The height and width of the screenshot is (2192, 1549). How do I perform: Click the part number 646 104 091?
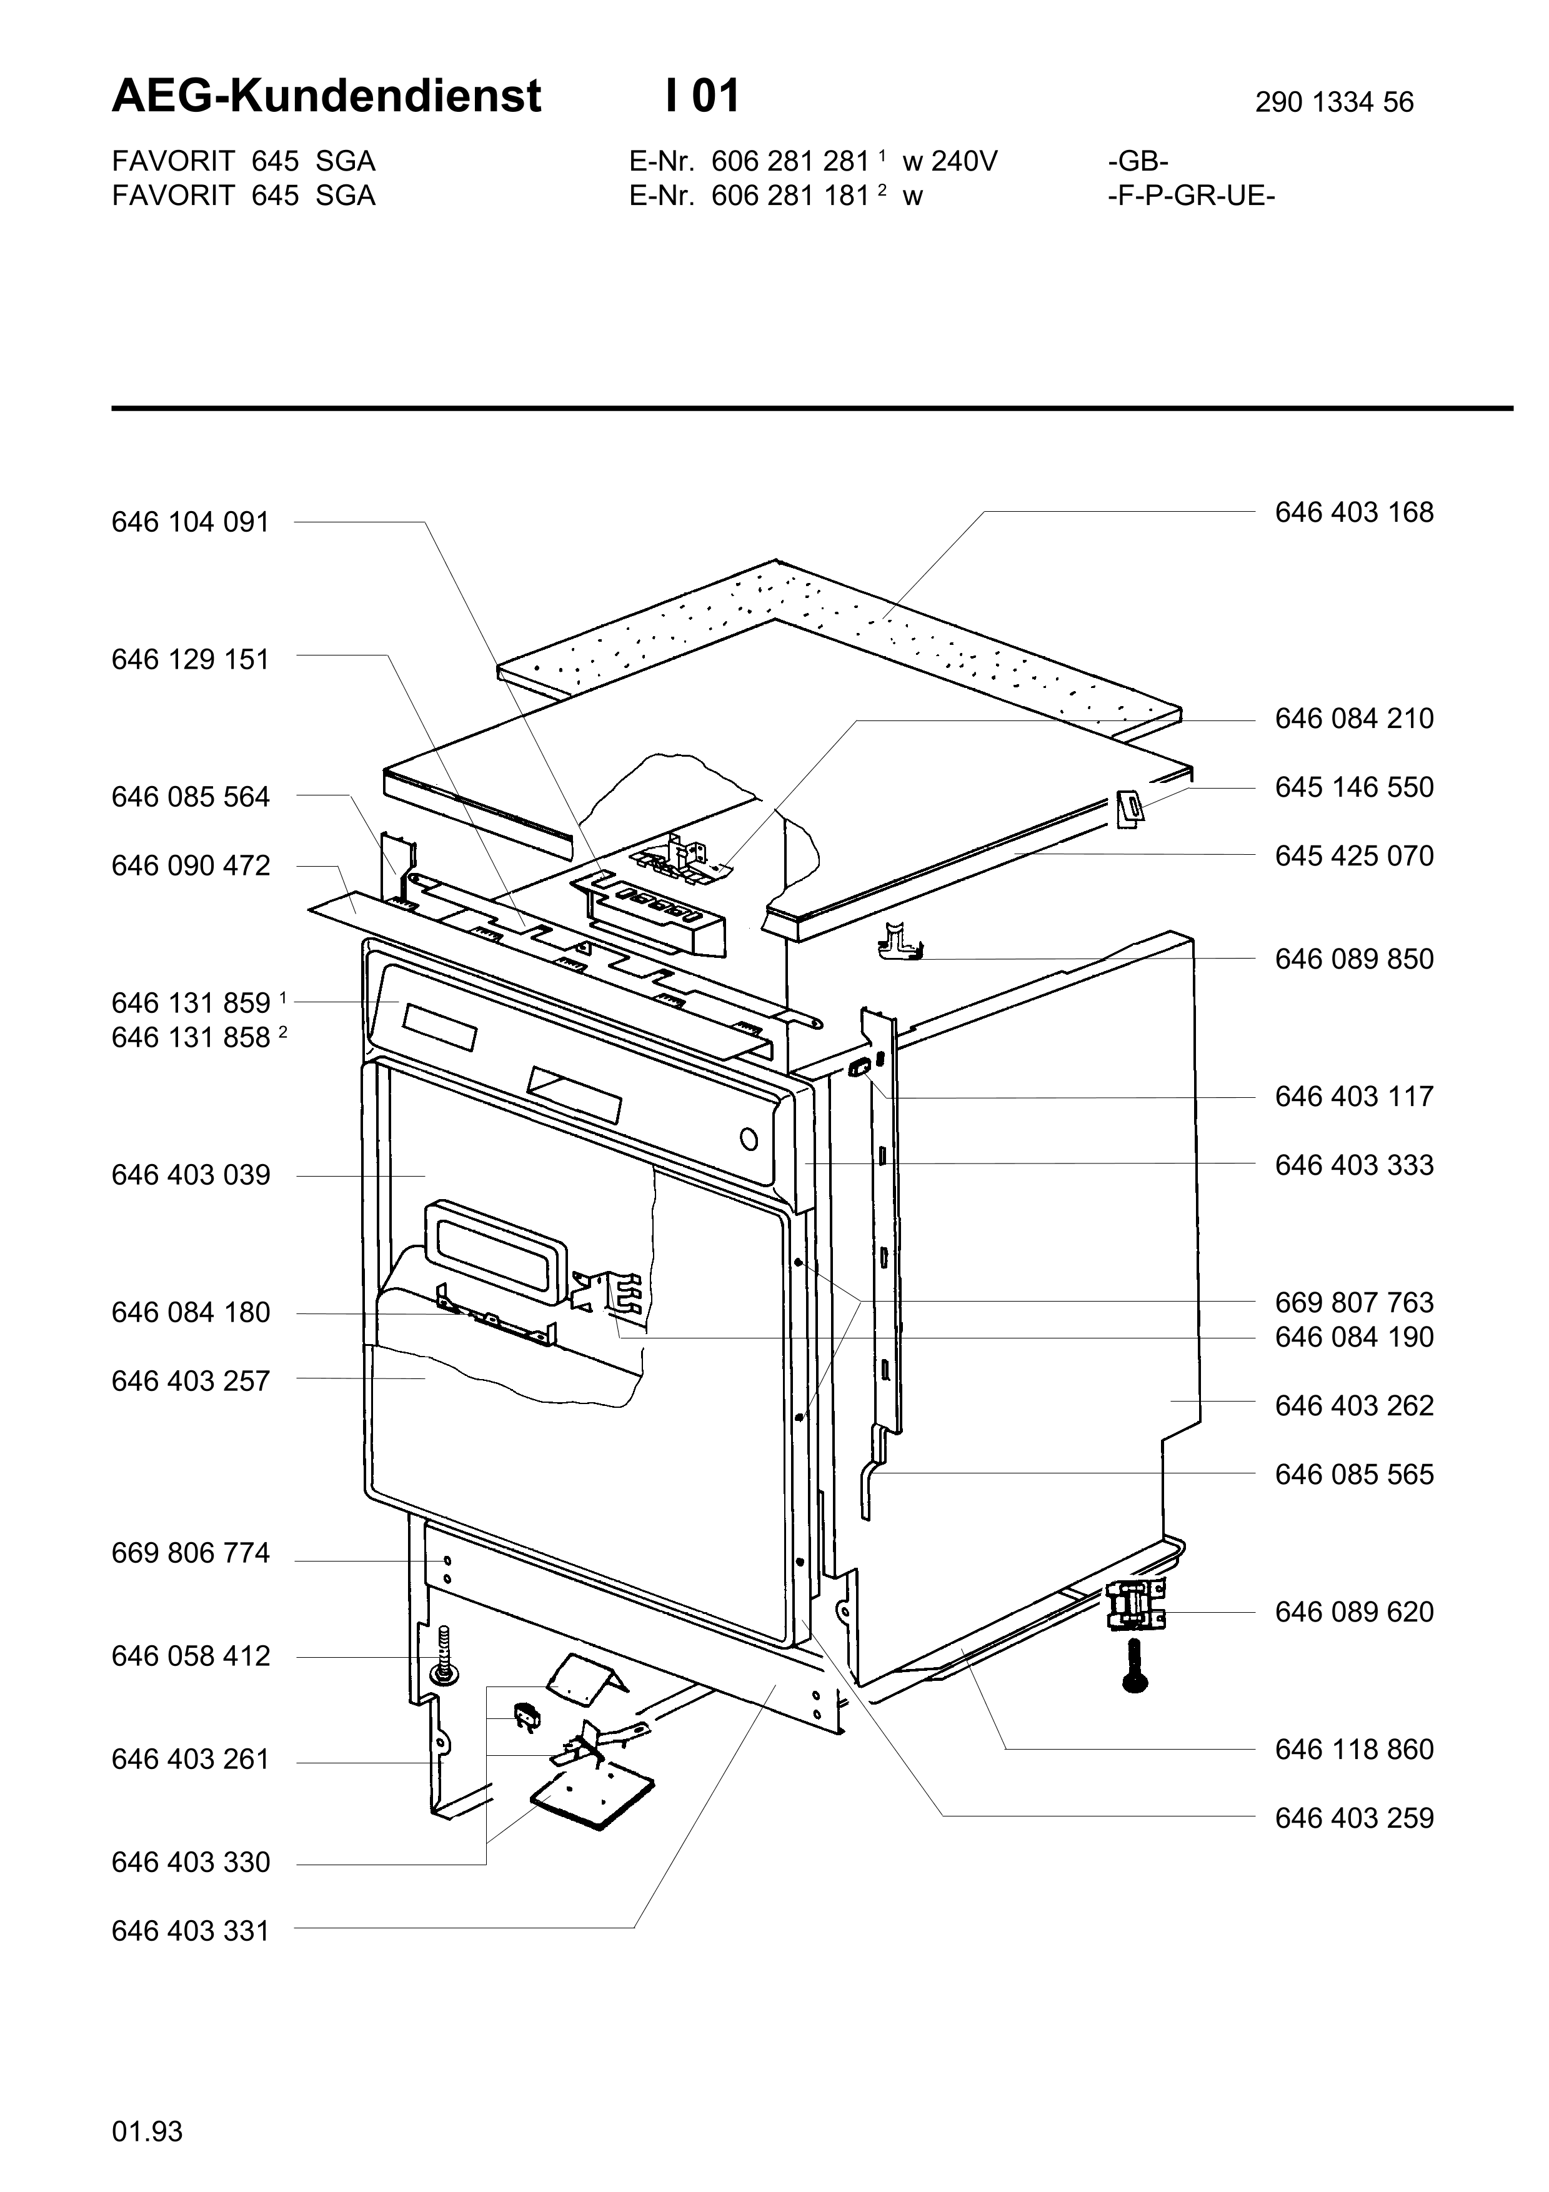pyautogui.click(x=191, y=522)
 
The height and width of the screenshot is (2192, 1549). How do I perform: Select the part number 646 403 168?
pyautogui.click(x=1354, y=512)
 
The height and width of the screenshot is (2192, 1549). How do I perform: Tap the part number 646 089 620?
pyautogui.click(x=1354, y=1613)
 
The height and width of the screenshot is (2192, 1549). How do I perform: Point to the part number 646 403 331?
pyautogui.click(x=191, y=1931)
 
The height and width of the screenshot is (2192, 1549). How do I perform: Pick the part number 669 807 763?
pyautogui.click(x=1354, y=1303)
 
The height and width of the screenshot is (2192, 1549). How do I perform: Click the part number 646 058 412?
pyautogui.click(x=191, y=1656)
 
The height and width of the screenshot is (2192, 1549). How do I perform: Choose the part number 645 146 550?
pyautogui.click(x=1354, y=787)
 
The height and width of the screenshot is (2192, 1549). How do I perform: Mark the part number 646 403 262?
pyautogui.click(x=1354, y=1407)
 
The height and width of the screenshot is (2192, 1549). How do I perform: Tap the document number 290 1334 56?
pyautogui.click(x=1334, y=102)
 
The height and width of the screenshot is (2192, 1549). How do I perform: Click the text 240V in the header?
pyautogui.click(x=964, y=161)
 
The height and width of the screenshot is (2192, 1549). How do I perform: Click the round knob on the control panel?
pyautogui.click(x=749, y=1140)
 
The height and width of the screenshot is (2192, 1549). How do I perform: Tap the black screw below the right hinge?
pyautogui.click(x=1135, y=1666)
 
